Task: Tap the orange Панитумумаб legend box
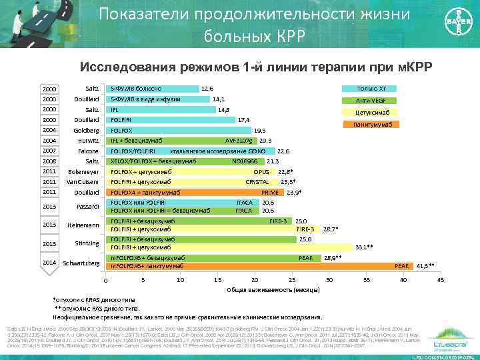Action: tap(371, 125)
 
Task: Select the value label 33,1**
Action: tap(365, 247)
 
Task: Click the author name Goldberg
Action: tap(86, 131)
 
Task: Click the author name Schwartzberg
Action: tap(81, 263)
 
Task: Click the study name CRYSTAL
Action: tap(257, 181)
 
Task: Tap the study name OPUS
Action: tap(261, 171)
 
